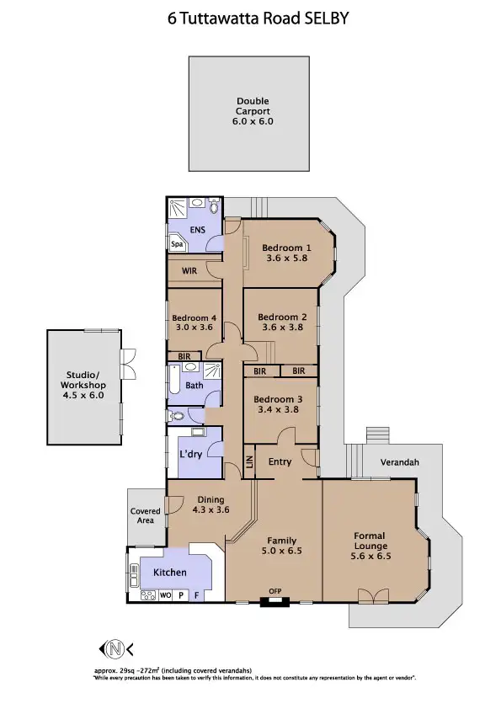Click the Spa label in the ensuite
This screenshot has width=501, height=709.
coord(177,244)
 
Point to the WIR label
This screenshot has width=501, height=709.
coord(189,272)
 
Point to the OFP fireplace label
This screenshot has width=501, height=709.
coord(274,590)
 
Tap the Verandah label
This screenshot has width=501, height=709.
coord(399,462)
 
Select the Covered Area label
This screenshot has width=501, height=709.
coord(145,515)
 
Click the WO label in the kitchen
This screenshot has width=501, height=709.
coord(164,594)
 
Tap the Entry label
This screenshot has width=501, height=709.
coord(280,461)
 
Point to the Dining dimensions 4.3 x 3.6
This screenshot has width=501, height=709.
coord(211,509)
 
